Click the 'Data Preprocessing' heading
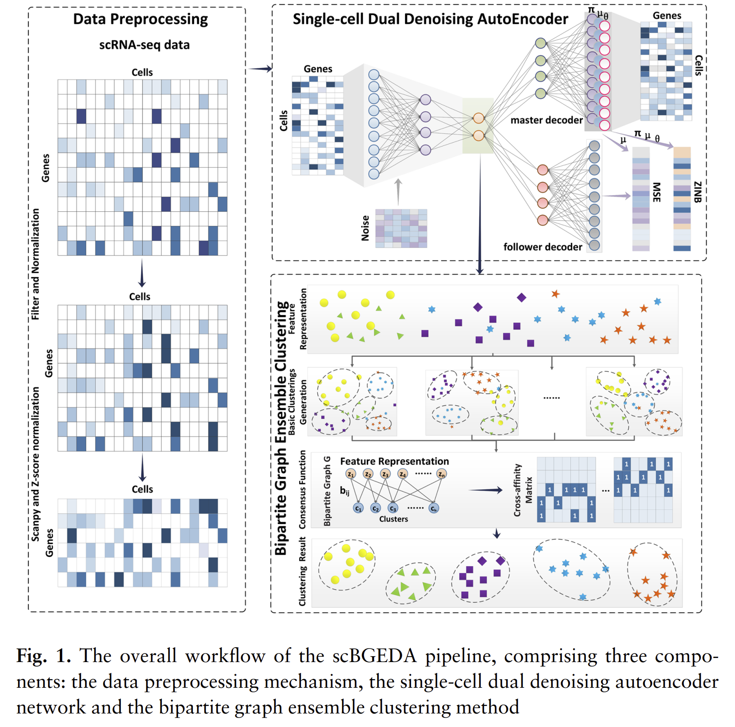click(140, 19)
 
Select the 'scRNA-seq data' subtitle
click(144, 45)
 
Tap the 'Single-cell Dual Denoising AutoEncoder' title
click(430, 19)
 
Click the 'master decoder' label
click(546, 120)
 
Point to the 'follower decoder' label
click(543, 247)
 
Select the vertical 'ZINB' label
click(697, 192)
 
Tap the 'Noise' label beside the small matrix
click(365, 228)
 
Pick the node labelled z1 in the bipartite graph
click(351, 474)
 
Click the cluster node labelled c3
click(393, 508)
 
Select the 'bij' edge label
click(345, 491)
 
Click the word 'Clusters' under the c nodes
click(393, 519)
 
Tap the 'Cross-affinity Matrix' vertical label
click(523, 490)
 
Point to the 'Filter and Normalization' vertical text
click(36, 265)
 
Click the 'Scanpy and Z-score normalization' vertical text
click(36, 464)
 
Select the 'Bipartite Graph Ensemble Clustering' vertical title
click(281, 428)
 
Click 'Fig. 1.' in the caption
click(43, 656)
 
